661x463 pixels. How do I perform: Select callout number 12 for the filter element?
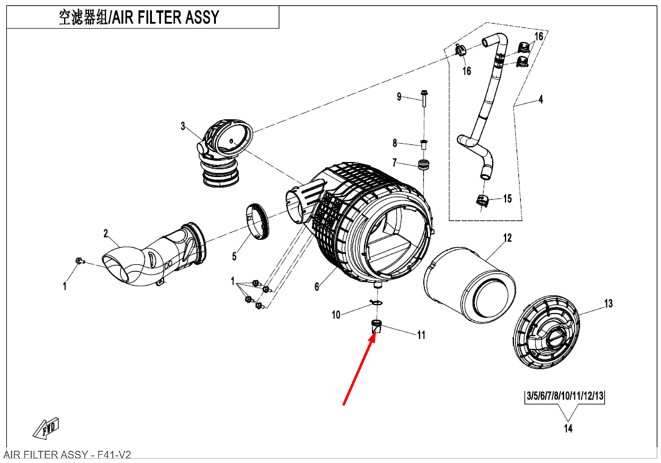pos(508,237)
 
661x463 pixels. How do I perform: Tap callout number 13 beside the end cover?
pos(608,304)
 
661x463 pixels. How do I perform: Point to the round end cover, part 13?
pos(549,334)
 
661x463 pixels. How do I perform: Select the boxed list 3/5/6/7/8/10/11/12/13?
pos(565,397)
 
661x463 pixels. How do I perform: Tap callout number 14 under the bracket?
pos(567,429)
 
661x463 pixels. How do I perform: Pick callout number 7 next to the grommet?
pos(395,162)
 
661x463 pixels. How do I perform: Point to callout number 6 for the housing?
pos(317,286)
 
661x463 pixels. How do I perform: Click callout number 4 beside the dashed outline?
pos(540,100)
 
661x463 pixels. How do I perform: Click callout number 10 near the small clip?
pos(336,315)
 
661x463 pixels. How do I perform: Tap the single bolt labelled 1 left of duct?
pos(79,261)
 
